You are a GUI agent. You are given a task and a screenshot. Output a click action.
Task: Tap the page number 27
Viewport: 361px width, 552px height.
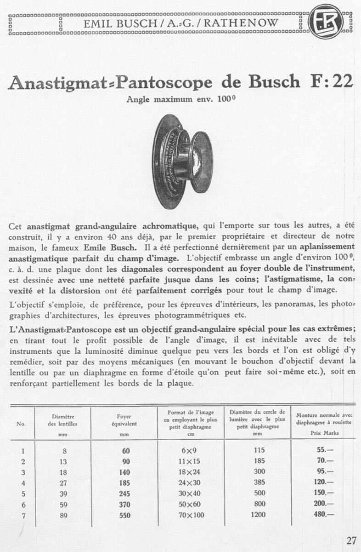(x=351, y=540)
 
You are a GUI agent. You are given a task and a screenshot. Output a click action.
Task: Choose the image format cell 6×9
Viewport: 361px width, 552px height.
(x=189, y=450)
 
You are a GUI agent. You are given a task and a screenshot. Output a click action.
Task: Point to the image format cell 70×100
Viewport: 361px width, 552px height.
(x=189, y=516)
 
